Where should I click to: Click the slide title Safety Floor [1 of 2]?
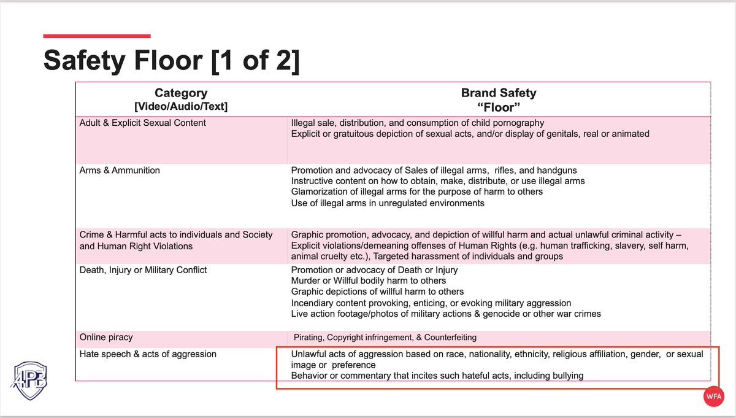(171, 61)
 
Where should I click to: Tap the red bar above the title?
(96, 36)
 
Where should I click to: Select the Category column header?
(181, 93)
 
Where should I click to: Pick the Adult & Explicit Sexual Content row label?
(143, 123)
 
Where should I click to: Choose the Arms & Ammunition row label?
(120, 170)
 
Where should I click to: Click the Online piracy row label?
(106, 337)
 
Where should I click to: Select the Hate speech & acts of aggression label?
(148, 354)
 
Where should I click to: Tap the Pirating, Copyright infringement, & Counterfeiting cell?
(385, 337)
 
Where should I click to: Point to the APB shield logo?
(29, 379)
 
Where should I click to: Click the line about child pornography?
(417, 123)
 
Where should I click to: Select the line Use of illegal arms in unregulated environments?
(388, 203)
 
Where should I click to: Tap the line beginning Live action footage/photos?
(446, 314)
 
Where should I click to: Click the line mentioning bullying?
(437, 375)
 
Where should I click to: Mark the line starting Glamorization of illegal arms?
(417, 192)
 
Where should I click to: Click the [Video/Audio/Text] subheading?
(181, 107)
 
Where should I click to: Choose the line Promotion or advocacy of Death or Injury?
(374, 270)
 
